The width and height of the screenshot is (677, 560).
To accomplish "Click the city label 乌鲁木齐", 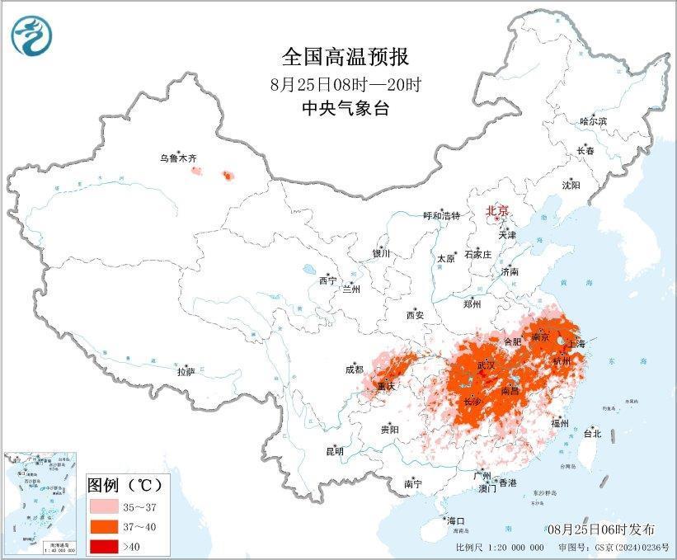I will tap(178, 158).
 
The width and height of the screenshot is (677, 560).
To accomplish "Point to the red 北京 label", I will tap(497, 209).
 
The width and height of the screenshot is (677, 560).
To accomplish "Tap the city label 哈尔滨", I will tap(593, 121).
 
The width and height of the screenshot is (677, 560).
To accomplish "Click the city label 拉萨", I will tap(186, 372).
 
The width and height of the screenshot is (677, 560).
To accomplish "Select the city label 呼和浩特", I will tap(441, 215).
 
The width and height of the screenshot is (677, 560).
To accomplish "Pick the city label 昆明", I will tap(335, 451).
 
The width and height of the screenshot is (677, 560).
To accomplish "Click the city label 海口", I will tap(456, 520).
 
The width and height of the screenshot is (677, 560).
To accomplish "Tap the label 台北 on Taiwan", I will tap(592, 433).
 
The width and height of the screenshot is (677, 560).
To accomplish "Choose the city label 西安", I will tap(415, 315).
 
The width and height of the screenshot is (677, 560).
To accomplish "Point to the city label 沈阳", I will tap(571, 185).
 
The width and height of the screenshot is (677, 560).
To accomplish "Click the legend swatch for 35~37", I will tap(108, 506).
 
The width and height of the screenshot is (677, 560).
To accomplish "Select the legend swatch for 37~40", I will tap(108, 525).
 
